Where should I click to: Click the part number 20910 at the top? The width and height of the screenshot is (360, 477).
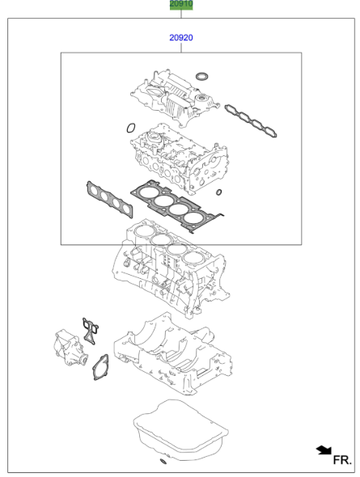coord(181,5)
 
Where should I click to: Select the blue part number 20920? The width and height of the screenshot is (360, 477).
coord(181,38)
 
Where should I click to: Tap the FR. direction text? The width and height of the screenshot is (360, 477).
coord(342,459)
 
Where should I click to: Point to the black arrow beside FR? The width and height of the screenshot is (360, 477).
coord(324,449)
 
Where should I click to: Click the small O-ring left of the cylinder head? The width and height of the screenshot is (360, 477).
coord(131,127)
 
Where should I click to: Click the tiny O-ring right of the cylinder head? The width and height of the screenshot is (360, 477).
coord(219,192)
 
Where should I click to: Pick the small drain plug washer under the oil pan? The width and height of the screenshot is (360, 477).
coord(163,462)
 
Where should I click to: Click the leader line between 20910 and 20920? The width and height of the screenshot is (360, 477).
coord(181,19)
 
